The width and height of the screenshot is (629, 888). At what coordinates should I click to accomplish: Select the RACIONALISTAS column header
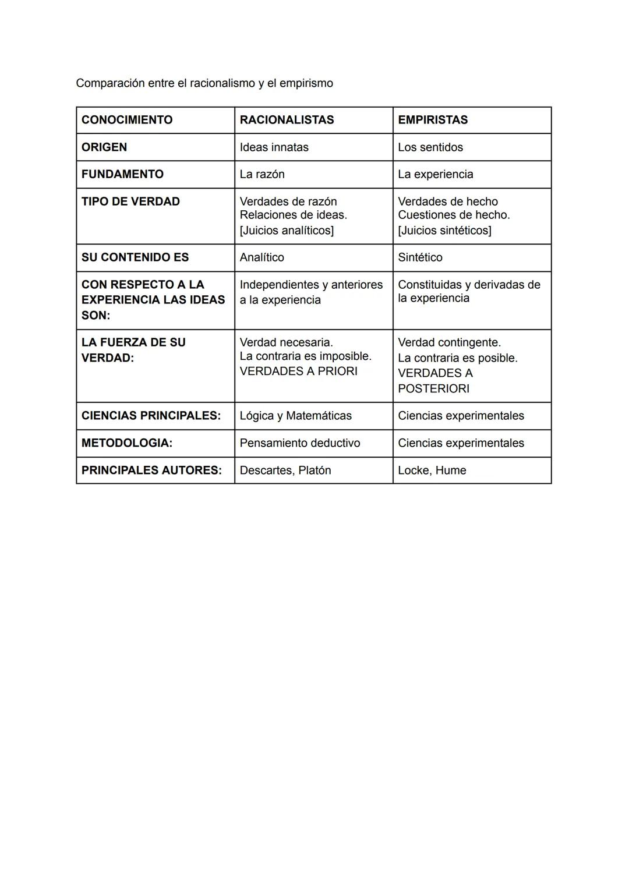point(287,120)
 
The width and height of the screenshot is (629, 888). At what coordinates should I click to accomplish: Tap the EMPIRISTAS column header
point(433,120)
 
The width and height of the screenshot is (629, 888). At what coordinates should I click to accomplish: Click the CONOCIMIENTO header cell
point(127,120)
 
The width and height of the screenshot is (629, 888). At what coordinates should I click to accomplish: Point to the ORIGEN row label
point(104,147)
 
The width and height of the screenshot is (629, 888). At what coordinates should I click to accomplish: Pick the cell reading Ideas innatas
point(274,147)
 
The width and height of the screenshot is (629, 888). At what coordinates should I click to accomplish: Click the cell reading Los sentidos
point(430,147)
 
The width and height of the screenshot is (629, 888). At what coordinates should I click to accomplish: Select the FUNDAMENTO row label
point(122,174)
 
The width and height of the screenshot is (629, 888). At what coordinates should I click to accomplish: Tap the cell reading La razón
point(262,174)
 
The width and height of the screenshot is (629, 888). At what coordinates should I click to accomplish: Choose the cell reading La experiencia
point(436,174)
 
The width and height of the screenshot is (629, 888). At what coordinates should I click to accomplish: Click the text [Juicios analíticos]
point(287,231)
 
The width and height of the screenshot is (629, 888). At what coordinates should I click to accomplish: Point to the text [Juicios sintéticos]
point(444,231)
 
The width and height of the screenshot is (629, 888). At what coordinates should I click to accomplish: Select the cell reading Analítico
point(262,257)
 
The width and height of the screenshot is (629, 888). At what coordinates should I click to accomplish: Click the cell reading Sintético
point(420,257)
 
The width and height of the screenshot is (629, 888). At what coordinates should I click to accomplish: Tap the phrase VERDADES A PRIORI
point(298,372)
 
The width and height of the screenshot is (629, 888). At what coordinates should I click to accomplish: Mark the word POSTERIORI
point(433,389)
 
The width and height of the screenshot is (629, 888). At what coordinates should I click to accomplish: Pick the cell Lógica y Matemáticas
point(295,416)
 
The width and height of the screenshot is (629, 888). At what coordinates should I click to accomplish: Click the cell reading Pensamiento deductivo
point(299,443)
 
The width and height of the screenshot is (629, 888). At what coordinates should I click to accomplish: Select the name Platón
point(314,470)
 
